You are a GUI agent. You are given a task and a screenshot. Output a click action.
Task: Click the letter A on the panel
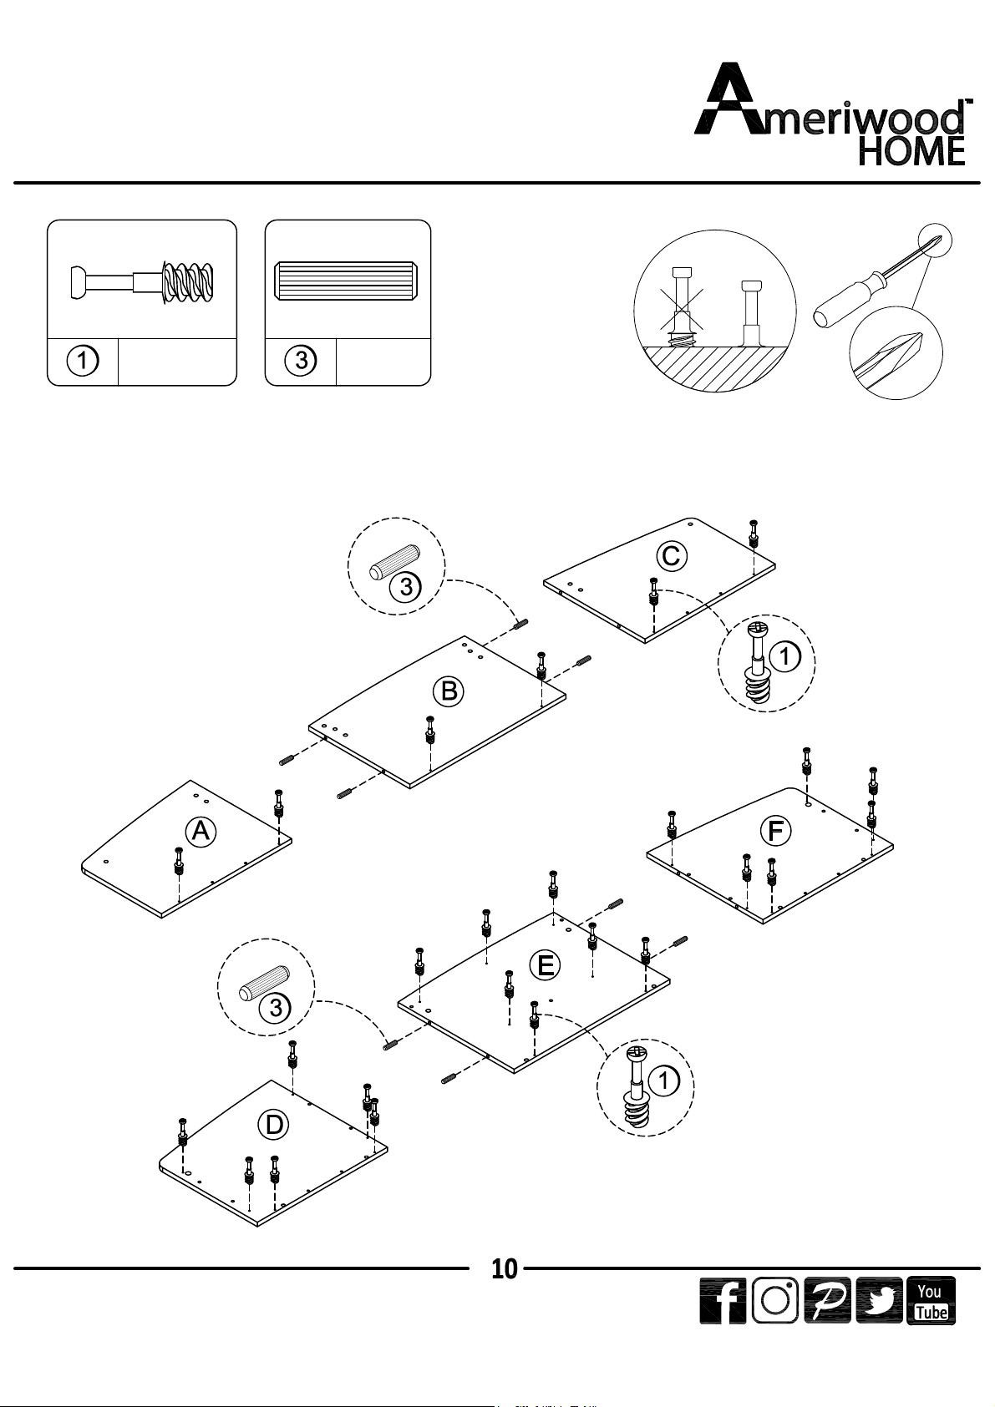[201, 831]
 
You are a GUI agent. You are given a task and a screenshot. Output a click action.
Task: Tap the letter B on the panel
[449, 691]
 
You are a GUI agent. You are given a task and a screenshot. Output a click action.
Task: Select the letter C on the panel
[671, 555]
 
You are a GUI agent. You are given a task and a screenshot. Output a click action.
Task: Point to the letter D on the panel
[274, 1125]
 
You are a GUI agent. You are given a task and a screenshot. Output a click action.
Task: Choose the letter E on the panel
[545, 966]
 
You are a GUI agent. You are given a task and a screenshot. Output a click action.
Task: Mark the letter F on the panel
[775, 831]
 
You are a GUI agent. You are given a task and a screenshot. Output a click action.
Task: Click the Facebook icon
[723, 1301]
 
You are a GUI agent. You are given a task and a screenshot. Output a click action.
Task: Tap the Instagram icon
[775, 1301]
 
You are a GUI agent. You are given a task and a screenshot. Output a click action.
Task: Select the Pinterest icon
[827, 1301]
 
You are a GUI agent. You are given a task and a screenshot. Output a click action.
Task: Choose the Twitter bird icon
[879, 1301]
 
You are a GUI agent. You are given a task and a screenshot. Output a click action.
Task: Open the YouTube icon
[931, 1301]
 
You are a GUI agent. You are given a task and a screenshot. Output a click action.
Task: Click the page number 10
[504, 1269]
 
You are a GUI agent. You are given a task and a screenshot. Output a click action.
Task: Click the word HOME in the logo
[912, 151]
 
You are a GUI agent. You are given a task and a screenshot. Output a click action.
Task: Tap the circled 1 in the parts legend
[83, 362]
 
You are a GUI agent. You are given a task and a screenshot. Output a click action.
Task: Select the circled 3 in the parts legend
[301, 362]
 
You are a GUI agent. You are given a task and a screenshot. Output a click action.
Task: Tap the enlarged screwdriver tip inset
[896, 354]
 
